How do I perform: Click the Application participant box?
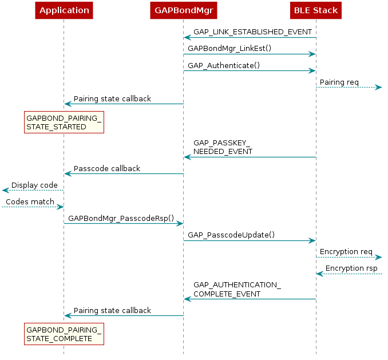[x=64, y=10]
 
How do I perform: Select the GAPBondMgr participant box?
[x=183, y=10]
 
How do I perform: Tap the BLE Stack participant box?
[x=316, y=10]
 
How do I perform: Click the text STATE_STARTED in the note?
[x=56, y=126]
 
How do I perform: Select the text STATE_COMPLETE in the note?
[x=59, y=338]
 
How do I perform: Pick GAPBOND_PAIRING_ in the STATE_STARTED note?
[x=64, y=118]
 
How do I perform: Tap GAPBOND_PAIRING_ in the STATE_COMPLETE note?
[x=64, y=330]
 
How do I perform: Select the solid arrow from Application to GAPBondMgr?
[x=123, y=223]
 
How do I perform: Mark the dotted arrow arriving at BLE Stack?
[x=349, y=274]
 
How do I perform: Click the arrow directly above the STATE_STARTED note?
[x=124, y=104]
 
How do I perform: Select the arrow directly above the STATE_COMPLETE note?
[x=124, y=315]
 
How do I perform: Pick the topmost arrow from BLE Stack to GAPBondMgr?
[x=250, y=37]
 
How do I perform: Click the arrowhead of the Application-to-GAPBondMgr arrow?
[x=179, y=223]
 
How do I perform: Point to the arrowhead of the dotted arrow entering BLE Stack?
[x=320, y=274]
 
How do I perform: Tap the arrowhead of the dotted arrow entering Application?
[x=60, y=207]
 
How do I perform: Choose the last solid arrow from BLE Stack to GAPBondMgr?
[x=250, y=299]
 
